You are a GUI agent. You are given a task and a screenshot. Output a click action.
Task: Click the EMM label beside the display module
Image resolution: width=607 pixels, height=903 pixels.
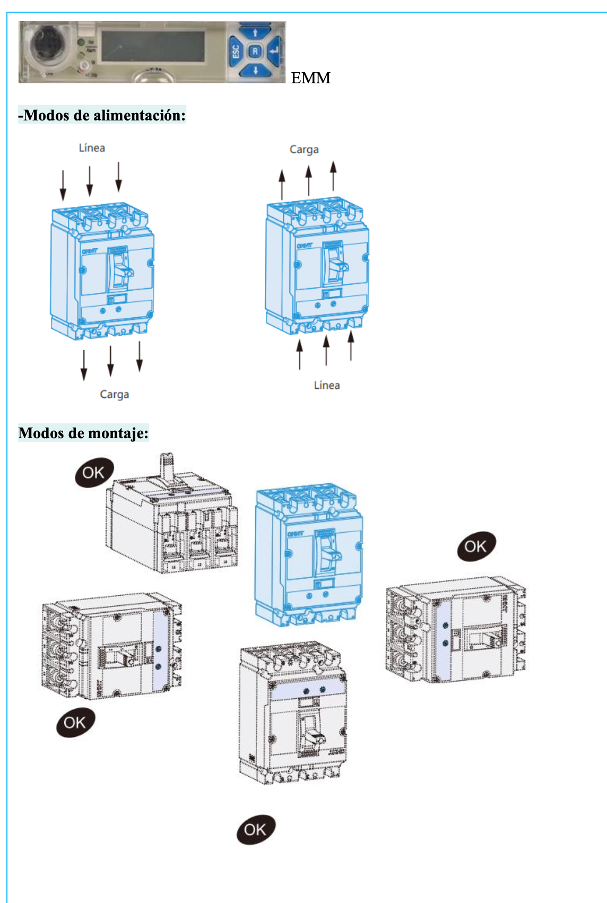(x=310, y=78)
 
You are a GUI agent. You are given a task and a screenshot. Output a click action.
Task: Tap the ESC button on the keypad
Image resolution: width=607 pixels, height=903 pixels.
(x=236, y=51)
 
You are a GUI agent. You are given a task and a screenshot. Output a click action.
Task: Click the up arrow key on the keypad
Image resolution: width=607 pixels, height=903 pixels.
(x=255, y=33)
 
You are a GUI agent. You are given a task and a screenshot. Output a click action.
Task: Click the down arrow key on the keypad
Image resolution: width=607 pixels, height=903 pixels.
(x=255, y=70)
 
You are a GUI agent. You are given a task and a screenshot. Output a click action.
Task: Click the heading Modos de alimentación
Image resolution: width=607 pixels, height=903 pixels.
(x=102, y=115)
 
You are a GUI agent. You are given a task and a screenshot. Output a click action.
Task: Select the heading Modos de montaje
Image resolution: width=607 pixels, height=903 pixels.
(x=83, y=433)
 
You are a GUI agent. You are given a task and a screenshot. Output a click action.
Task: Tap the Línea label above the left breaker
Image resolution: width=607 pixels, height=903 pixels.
(x=92, y=148)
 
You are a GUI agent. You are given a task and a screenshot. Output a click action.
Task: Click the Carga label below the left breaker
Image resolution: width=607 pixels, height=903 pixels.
(x=114, y=394)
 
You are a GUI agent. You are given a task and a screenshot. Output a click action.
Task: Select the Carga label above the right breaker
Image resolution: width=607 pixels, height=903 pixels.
(x=304, y=150)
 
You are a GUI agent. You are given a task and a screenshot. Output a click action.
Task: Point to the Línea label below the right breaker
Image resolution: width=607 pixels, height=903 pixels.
(x=326, y=385)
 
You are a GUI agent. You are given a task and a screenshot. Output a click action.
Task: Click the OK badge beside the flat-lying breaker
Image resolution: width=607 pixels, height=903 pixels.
(x=94, y=472)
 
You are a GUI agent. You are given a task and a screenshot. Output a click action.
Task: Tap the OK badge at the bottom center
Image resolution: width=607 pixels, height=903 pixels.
(x=255, y=829)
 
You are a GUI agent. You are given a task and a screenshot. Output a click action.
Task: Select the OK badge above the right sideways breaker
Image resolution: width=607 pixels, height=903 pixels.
(x=475, y=546)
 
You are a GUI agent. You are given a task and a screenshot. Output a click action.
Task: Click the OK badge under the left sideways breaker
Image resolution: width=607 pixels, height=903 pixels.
(x=75, y=722)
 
